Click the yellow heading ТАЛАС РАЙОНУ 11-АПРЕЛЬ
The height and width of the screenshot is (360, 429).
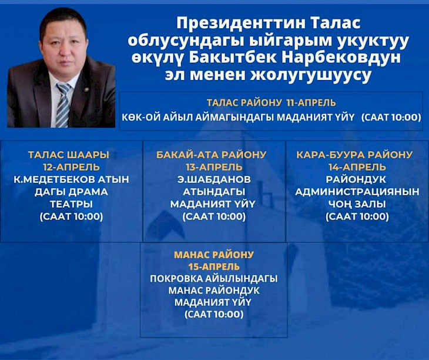point(271,103)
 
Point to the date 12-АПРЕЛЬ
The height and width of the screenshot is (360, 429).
point(72,167)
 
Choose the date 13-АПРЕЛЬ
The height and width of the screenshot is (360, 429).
point(214,167)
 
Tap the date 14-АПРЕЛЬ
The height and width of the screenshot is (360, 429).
point(357,167)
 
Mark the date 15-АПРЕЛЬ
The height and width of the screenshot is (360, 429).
point(214,266)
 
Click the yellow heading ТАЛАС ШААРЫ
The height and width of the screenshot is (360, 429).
point(69,155)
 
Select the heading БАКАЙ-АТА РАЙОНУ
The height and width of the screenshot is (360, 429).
point(211,155)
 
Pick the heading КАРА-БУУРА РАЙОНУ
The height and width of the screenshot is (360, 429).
point(354,155)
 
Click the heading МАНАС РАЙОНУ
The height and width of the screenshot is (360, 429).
point(214,255)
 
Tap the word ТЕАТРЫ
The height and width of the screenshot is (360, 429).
point(71,204)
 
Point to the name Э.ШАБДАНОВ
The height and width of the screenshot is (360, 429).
point(214,179)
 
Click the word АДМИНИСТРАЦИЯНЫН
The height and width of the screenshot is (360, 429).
point(357,192)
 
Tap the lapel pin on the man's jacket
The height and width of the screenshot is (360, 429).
point(86,89)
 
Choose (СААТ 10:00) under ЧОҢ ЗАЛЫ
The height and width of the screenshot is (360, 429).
point(357,217)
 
